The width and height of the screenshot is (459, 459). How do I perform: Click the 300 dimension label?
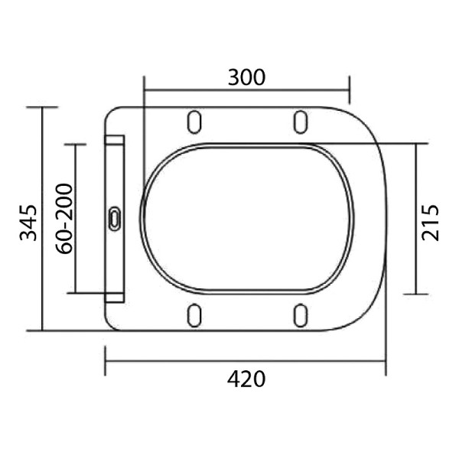[246, 77]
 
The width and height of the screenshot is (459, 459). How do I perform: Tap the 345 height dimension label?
[28, 222]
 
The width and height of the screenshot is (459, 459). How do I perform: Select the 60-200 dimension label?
[63, 218]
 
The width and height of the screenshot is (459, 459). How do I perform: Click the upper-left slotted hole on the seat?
[194, 122]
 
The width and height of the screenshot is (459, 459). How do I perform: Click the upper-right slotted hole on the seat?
[301, 122]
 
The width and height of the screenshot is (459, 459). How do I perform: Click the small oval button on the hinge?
[115, 219]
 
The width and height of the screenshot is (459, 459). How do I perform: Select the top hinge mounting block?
[115, 141]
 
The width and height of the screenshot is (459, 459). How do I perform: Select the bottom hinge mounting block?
[115, 298]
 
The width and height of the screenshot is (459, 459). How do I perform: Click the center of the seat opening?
[246, 217]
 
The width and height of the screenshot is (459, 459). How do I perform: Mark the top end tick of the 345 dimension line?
[42, 107]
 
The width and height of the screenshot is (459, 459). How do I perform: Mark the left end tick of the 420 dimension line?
[105, 360]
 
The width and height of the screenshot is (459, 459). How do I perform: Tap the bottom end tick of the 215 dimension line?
[416, 294]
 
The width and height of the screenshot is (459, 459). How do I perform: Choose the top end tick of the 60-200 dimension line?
[76, 144]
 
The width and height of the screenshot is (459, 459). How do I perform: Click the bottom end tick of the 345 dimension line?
[42, 330]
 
